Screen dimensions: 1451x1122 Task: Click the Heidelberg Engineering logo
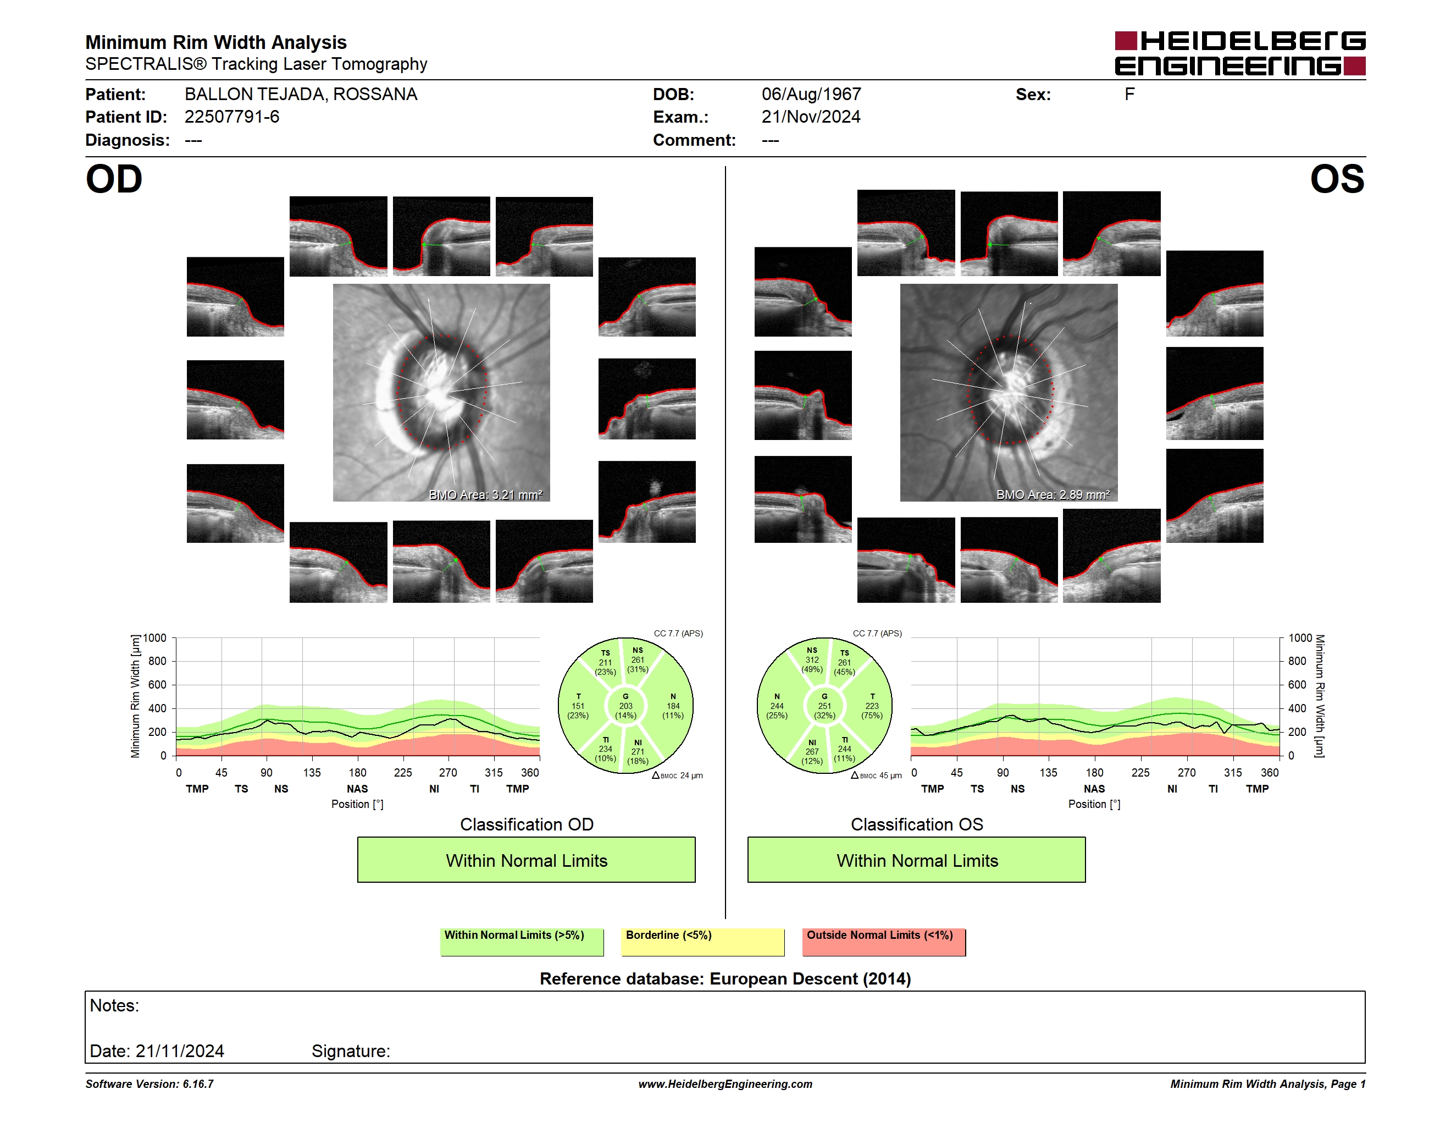point(1240,53)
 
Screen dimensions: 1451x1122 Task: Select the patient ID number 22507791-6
point(232,117)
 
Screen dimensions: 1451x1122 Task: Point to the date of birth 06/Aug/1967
point(811,95)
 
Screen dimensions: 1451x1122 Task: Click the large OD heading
point(114,179)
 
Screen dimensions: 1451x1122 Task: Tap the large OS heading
point(1337,179)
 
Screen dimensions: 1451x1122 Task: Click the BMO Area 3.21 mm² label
point(486,494)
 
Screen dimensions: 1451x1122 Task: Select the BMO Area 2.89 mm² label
point(1053,494)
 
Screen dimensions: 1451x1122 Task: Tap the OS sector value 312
point(812,660)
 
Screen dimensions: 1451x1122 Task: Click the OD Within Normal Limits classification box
point(526,860)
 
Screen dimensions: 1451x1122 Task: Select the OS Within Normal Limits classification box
point(917,860)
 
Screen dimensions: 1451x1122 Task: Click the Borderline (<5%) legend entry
point(703,942)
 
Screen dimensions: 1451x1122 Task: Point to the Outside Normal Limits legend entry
point(884,942)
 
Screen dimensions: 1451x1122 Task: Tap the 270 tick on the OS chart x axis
point(1187,772)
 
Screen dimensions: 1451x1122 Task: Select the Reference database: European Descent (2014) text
point(725,979)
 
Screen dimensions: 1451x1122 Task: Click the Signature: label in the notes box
point(351,1052)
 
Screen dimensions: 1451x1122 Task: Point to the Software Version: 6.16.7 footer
point(149,1084)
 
